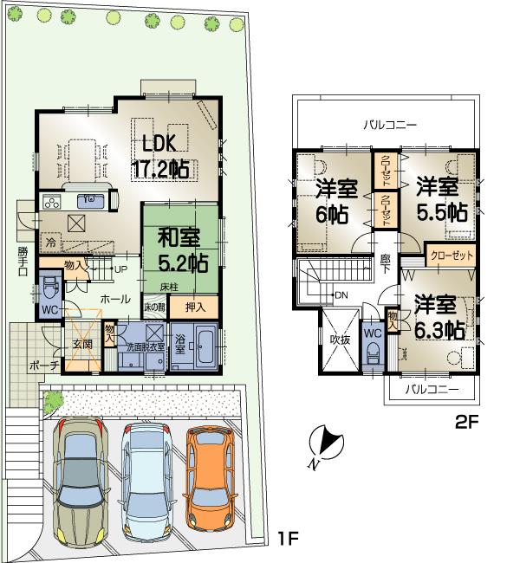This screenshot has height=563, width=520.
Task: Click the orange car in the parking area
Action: pos(207,478)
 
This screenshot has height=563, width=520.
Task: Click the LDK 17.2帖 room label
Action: pos(160,157)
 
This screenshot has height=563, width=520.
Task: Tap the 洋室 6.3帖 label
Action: pos(438,317)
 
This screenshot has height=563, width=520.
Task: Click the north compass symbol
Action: pos(322,443)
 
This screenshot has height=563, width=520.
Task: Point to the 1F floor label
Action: pos(288,539)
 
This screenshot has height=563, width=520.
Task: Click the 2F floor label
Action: pos(468,424)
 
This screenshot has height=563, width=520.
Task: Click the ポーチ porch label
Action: pos(42,366)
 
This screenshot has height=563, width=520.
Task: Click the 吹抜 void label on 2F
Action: pos(338,340)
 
